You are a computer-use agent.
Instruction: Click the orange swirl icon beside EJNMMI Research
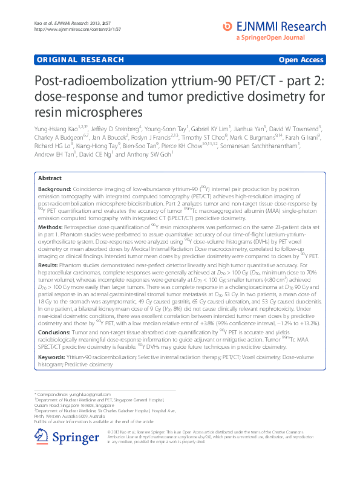click(227, 26)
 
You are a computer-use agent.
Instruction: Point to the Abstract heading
click(50, 178)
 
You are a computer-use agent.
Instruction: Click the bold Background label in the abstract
click(54, 189)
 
